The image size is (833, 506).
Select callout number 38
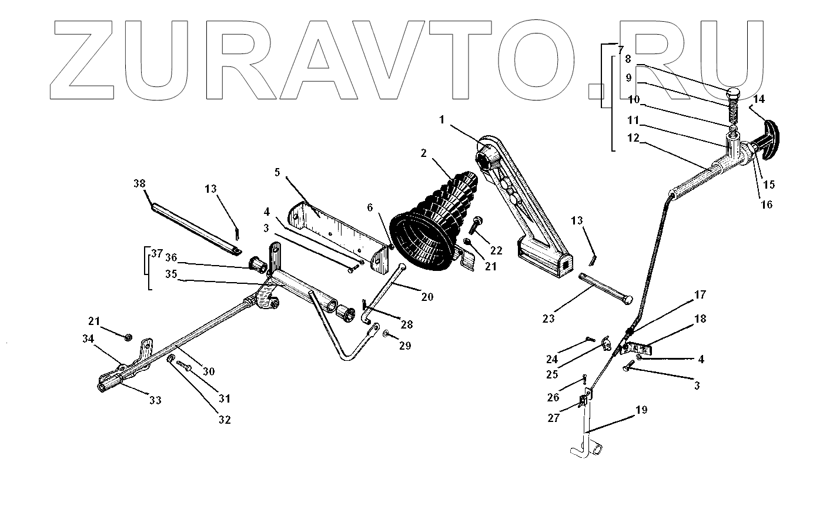point(139,183)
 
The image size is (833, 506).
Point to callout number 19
point(641,410)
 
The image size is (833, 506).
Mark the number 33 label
point(155,401)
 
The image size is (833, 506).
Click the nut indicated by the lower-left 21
point(128,337)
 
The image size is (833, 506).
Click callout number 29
point(404,346)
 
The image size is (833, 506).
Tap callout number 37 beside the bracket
point(156,254)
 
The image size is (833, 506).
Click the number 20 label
point(427,297)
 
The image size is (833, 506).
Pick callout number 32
point(225,420)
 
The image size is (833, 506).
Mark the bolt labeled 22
point(476,226)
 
